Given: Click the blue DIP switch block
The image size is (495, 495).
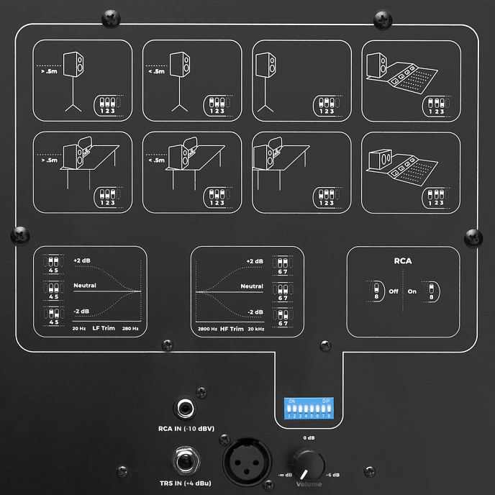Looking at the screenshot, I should (309, 408).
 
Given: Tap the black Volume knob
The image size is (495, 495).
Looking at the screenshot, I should (308, 464).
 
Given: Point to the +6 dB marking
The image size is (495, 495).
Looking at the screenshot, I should (332, 476).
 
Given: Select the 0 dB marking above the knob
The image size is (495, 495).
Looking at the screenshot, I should (309, 438).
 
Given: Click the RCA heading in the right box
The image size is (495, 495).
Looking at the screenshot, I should (403, 261).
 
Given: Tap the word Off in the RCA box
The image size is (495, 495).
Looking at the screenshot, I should (394, 292).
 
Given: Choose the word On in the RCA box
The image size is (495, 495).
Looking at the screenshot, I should (412, 292).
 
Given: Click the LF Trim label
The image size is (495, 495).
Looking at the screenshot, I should (103, 328).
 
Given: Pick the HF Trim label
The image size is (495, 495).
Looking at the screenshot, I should (231, 328).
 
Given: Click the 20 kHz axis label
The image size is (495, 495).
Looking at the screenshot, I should (255, 328).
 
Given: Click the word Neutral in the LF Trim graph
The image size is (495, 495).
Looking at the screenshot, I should (84, 286).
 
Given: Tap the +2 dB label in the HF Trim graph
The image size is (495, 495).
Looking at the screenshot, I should (255, 261).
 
